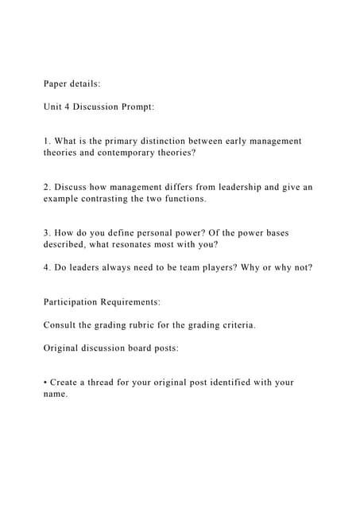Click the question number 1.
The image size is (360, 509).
click(x=47, y=141)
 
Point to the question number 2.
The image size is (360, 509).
click(x=47, y=187)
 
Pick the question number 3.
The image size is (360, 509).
click(x=47, y=233)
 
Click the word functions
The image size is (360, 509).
click(x=182, y=198)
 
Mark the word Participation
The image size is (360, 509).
click(x=75, y=302)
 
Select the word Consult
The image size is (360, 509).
click(x=60, y=325)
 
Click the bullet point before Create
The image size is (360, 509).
click(x=46, y=383)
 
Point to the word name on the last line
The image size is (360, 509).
click(x=55, y=394)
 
